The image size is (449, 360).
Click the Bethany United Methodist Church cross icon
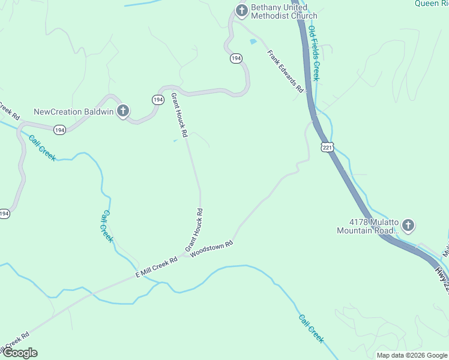[241, 10]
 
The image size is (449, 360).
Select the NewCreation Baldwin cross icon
[122, 111]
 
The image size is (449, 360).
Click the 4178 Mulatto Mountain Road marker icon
[408, 226]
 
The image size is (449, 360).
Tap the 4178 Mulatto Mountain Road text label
[367, 226]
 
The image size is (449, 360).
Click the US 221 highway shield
[327, 148]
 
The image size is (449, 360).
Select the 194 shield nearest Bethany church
[236, 58]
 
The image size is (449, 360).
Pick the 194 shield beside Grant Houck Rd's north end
[158, 100]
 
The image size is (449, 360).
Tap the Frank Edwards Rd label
[286, 70]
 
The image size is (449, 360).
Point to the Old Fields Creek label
[314, 53]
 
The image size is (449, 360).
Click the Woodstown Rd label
[211, 250]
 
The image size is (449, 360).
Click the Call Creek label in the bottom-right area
[311, 329]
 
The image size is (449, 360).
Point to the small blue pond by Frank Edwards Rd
[253, 41]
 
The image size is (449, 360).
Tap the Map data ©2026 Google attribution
[412, 355]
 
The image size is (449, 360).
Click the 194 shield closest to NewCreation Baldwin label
[59, 130]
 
